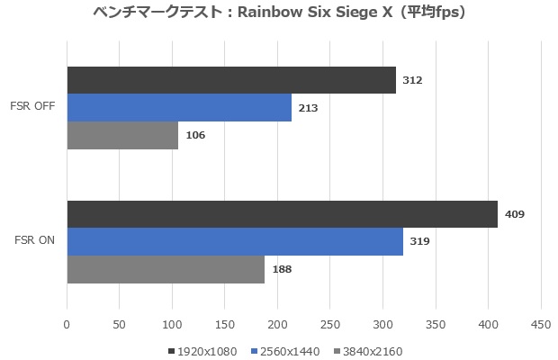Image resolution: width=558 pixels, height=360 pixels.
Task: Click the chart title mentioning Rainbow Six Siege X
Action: [x=279, y=13]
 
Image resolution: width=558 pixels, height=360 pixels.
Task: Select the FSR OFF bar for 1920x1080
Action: [x=231, y=80]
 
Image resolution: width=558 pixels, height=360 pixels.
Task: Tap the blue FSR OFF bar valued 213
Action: [x=179, y=108]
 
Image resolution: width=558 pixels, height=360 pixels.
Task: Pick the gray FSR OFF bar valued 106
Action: [x=122, y=135]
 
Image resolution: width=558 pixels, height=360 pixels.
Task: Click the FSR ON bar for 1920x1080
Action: [x=282, y=214]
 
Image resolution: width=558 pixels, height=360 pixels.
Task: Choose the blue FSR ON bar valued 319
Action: [x=235, y=241]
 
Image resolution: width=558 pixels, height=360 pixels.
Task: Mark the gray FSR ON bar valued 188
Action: [x=166, y=268]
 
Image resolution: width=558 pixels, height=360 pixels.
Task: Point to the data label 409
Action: [x=515, y=214]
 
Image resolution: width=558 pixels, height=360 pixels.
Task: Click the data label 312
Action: [x=413, y=80]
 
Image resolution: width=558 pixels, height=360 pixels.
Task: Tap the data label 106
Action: [x=195, y=135]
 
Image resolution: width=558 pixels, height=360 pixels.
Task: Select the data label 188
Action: [x=282, y=268]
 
